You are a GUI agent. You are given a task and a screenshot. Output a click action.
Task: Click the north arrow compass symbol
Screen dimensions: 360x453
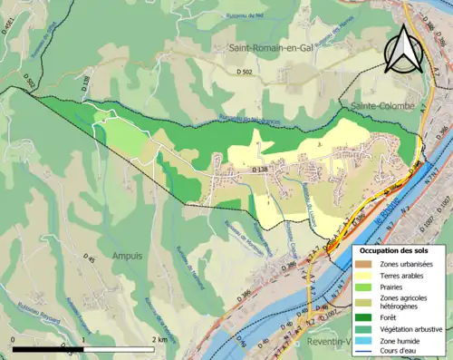coord(404,49)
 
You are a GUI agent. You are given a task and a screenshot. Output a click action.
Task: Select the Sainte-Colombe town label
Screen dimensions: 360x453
coord(379,107)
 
